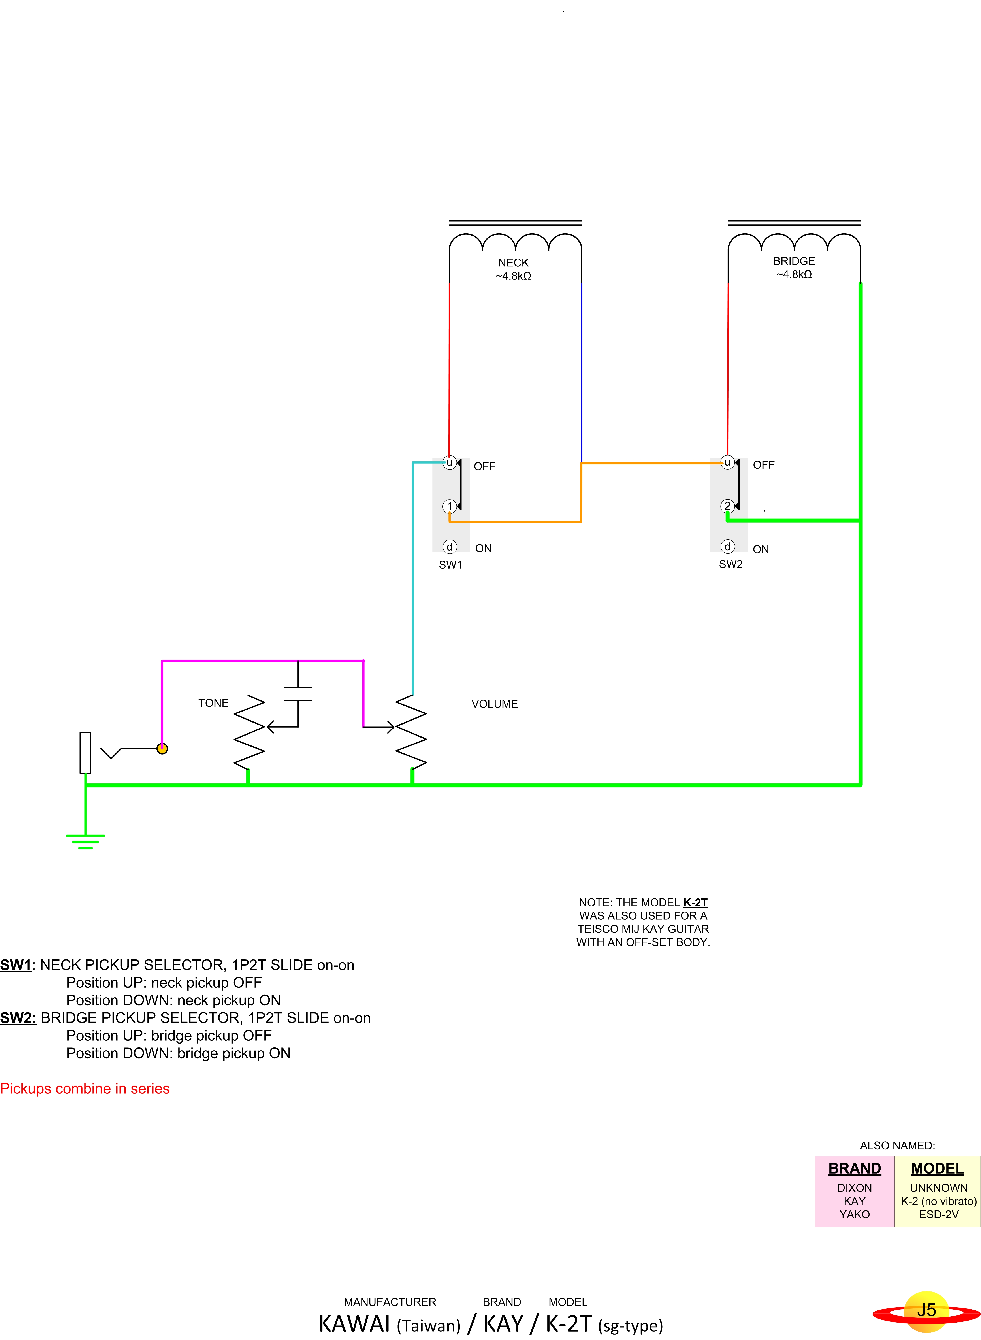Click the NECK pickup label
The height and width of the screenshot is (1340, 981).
coord(513,262)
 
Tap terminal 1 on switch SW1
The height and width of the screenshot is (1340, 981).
coord(450,506)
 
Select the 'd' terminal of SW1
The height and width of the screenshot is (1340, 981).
coord(450,546)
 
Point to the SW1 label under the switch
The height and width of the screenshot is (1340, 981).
coord(450,565)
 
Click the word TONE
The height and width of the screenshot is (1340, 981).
coord(213,703)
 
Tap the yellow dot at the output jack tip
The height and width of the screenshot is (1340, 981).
coord(162,748)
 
